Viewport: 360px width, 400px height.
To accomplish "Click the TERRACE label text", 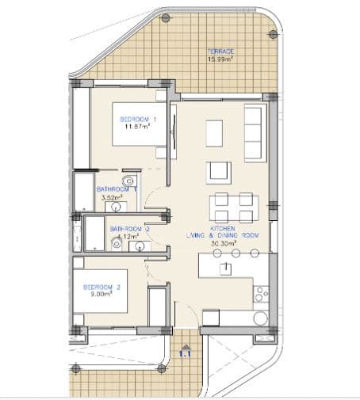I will (x=220, y=51).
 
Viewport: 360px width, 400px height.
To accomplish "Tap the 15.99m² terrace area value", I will (x=220, y=59).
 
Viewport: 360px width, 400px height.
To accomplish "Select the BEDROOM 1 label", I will (x=138, y=119).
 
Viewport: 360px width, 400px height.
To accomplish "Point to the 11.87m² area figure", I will (x=138, y=127).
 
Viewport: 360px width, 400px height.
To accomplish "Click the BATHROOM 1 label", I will (x=117, y=189).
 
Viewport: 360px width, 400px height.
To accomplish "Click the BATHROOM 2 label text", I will (x=130, y=229).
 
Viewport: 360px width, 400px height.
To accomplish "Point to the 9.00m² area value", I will (x=101, y=294).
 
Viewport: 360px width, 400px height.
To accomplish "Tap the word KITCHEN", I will (x=223, y=228).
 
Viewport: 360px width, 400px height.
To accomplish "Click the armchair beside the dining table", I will (x=219, y=172).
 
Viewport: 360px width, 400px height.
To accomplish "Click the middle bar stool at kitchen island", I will (x=236, y=253).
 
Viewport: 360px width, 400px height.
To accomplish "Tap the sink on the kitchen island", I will (x=226, y=269).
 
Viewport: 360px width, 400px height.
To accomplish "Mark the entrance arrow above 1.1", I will (x=186, y=345).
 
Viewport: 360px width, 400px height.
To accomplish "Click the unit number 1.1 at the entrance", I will (x=186, y=354).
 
